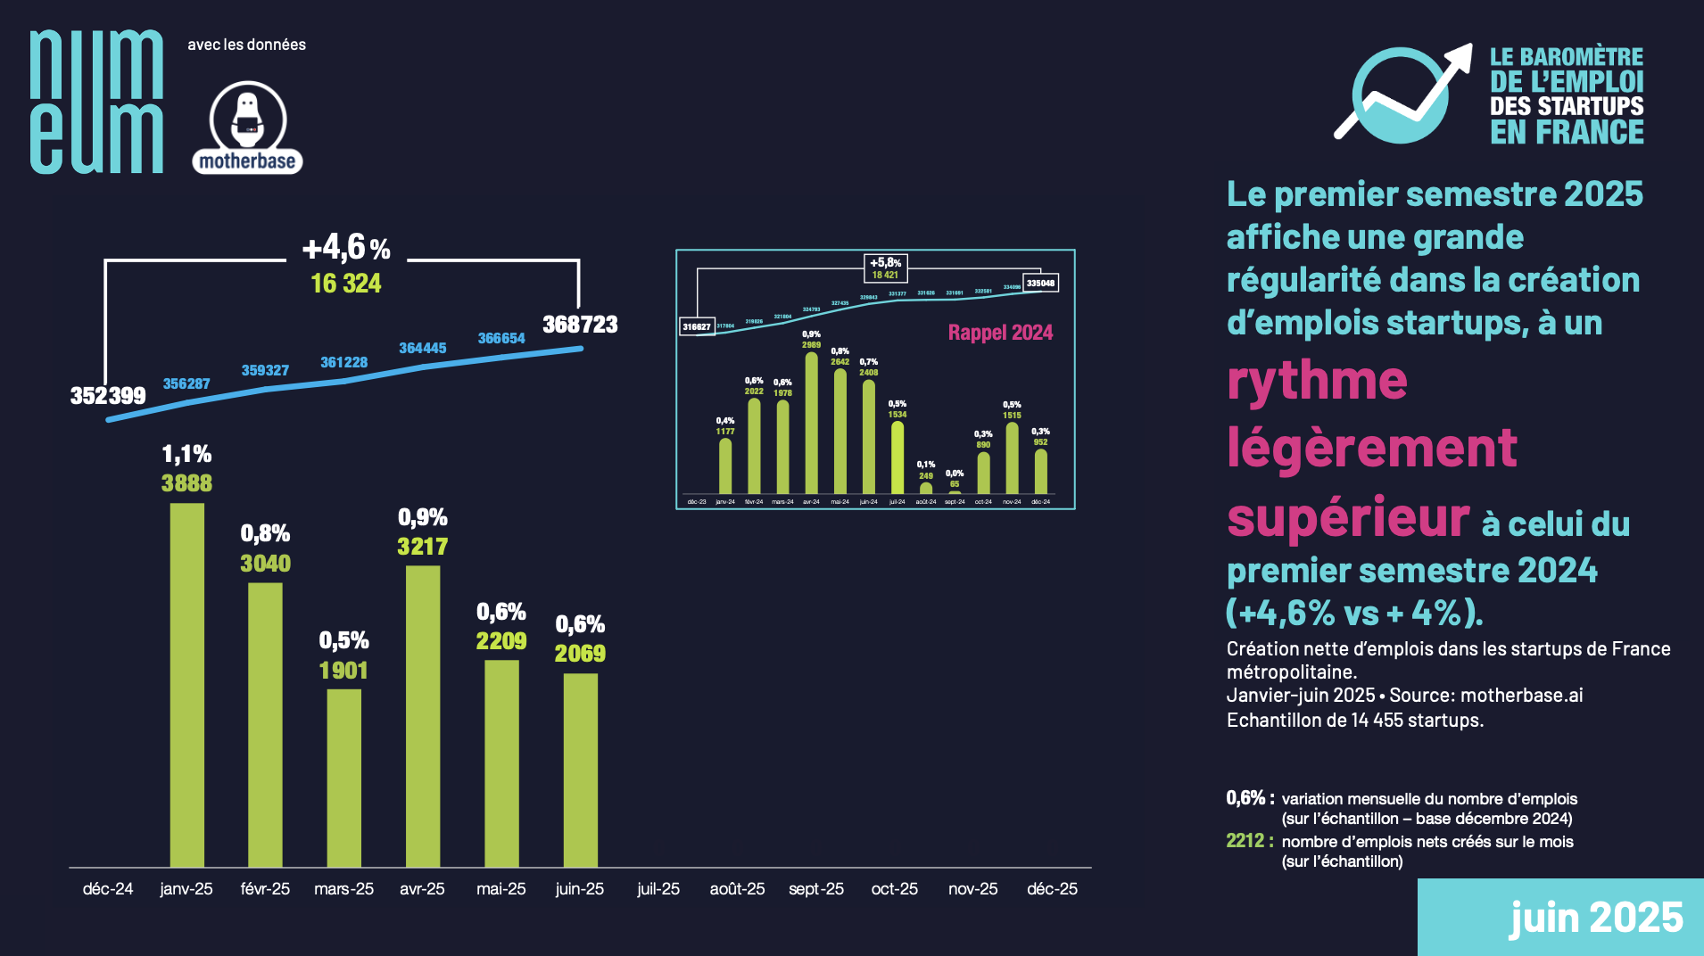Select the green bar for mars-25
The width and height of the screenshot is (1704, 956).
tap(343, 777)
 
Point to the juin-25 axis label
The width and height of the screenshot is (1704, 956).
tap(579, 889)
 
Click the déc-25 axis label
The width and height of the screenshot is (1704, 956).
tap(1052, 889)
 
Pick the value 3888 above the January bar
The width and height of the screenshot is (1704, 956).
tap(186, 483)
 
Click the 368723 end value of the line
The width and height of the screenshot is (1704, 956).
tap(580, 325)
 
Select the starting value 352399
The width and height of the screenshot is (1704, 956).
tap(107, 396)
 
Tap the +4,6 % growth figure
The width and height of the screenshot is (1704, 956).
tap(346, 247)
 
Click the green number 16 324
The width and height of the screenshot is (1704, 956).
tap(346, 284)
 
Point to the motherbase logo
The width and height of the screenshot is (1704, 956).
tap(247, 128)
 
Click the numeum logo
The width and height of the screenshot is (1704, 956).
tap(96, 102)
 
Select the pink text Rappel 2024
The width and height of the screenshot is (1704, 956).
tap(1000, 333)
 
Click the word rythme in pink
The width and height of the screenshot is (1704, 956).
tap(1317, 381)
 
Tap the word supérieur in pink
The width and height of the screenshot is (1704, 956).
tap(1347, 517)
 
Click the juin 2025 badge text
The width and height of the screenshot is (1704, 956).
tap(1595, 918)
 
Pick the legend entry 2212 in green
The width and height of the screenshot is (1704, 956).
tap(1245, 841)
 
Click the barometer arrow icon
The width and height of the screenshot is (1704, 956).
tap(1402, 94)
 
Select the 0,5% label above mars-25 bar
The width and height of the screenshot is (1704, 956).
tap(343, 640)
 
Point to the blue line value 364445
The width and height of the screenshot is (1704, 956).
tap(422, 348)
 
